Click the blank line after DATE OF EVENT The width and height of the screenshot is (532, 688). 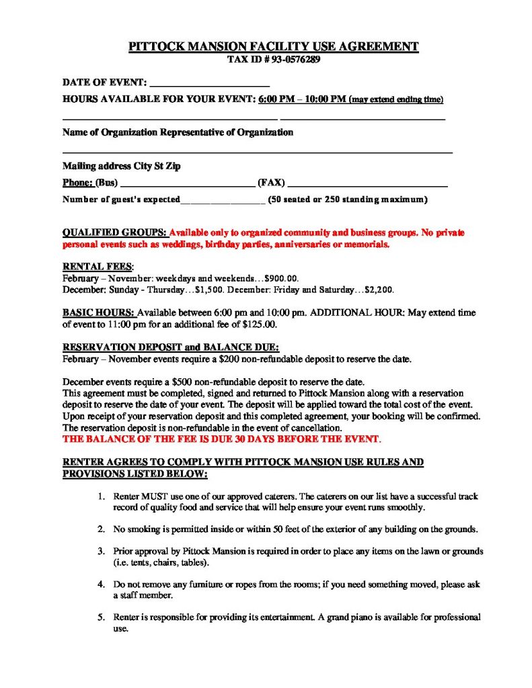click(209, 85)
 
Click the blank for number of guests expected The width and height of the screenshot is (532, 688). click(223, 200)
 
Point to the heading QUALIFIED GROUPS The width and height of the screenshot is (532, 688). click(114, 233)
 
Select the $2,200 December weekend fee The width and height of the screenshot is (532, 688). click(379, 290)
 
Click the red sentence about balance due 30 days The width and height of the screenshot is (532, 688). click(222, 439)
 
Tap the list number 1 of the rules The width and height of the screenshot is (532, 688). click(100, 497)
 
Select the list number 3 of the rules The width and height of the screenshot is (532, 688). click(100, 551)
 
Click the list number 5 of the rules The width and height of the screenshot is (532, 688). click(100, 617)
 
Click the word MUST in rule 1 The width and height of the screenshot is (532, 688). click(152, 497)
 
